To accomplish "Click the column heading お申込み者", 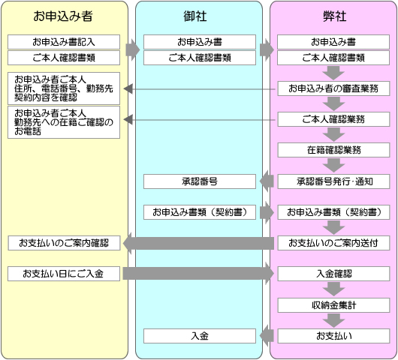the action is pyautogui.click(x=63, y=16).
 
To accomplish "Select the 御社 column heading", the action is pyautogui.click(x=195, y=16).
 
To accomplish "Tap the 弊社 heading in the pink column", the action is pyautogui.click(x=334, y=16).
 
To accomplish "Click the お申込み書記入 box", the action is pyautogui.click(x=64, y=42).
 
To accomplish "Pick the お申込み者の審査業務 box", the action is pyautogui.click(x=333, y=88).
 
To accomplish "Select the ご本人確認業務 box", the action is pyautogui.click(x=333, y=119).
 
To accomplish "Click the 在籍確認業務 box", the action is pyautogui.click(x=333, y=150).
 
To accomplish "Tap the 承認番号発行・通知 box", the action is pyautogui.click(x=333, y=181).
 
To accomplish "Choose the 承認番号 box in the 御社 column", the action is pyautogui.click(x=200, y=181).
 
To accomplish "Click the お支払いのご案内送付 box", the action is pyautogui.click(x=333, y=243).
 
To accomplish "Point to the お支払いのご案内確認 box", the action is pyautogui.click(x=64, y=243).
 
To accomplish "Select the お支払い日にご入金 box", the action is pyautogui.click(x=64, y=274).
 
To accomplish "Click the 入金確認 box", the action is pyautogui.click(x=333, y=274).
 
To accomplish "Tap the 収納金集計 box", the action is pyautogui.click(x=333, y=305).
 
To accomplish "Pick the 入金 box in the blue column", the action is pyautogui.click(x=200, y=336).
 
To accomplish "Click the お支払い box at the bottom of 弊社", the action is pyautogui.click(x=333, y=336).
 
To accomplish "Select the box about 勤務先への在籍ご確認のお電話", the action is pyautogui.click(x=64, y=122).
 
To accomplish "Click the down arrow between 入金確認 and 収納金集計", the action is pyautogui.click(x=333, y=289).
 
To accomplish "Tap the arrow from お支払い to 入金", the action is pyautogui.click(x=267, y=336).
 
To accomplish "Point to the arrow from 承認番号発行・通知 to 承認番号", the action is pyautogui.click(x=267, y=181).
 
